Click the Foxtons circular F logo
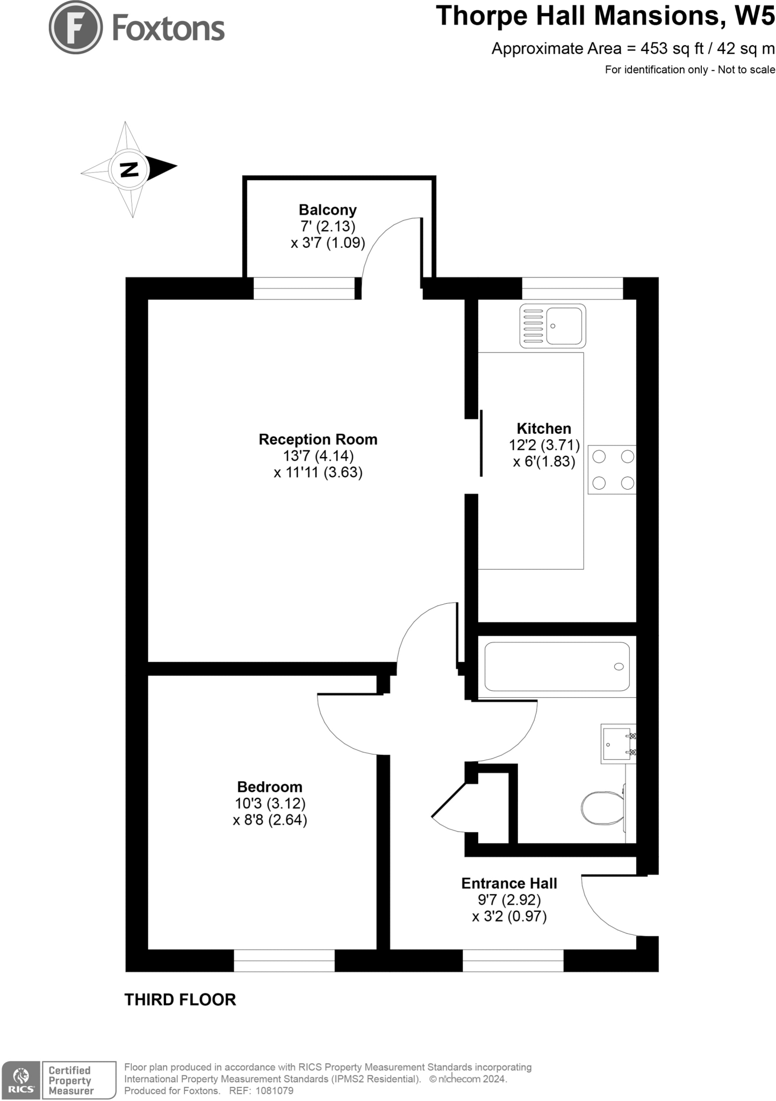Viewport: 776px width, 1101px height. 76,27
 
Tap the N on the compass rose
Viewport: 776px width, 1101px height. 129,169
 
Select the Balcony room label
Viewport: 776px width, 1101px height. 327,210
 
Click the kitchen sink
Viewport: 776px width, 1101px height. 553,326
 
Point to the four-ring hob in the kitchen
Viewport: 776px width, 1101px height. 613,470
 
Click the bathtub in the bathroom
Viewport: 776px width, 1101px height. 557,667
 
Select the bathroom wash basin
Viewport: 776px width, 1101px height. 617,744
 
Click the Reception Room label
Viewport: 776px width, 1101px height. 318,440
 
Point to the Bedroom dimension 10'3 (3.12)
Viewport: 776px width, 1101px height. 270,804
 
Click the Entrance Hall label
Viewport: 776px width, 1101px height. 509,883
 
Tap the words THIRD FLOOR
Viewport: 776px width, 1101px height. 180,1000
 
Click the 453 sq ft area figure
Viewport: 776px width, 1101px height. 672,49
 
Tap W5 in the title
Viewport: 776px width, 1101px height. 755,16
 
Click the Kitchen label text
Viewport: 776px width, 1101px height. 544,428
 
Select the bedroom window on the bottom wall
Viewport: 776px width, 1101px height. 284,961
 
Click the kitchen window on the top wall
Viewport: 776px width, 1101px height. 572,289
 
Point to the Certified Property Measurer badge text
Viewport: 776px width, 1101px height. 70,1081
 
